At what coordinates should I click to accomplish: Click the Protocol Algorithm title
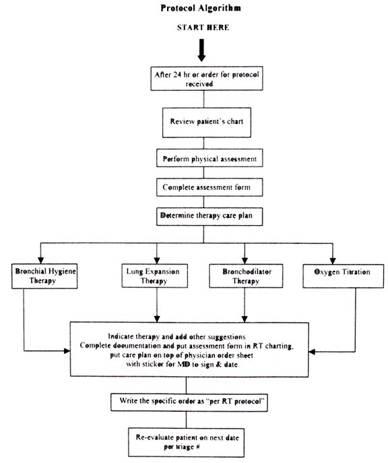tap(201, 8)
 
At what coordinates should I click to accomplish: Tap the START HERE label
tap(203, 28)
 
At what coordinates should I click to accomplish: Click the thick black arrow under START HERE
tap(201, 50)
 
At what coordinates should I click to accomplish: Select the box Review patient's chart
tap(207, 122)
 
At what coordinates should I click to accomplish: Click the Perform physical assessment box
tap(209, 158)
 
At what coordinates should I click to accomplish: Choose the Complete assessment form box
tap(209, 187)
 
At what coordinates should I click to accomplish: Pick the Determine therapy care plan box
tap(209, 217)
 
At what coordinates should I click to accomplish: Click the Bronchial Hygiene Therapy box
tap(44, 276)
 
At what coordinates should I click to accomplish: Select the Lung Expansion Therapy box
tap(155, 276)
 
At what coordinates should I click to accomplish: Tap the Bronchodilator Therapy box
tap(246, 276)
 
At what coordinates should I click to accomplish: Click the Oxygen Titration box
tap(344, 276)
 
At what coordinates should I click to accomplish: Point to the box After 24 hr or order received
tap(207, 78)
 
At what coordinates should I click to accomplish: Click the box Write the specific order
tap(189, 402)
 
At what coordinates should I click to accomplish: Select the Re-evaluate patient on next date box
tap(186, 443)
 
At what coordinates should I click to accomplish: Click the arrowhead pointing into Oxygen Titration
tap(333, 261)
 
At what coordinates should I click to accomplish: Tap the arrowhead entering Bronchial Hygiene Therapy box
tap(40, 260)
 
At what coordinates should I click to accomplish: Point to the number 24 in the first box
tap(177, 74)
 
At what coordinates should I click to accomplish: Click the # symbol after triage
tap(197, 446)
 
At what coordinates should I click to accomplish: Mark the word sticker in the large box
tap(152, 364)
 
